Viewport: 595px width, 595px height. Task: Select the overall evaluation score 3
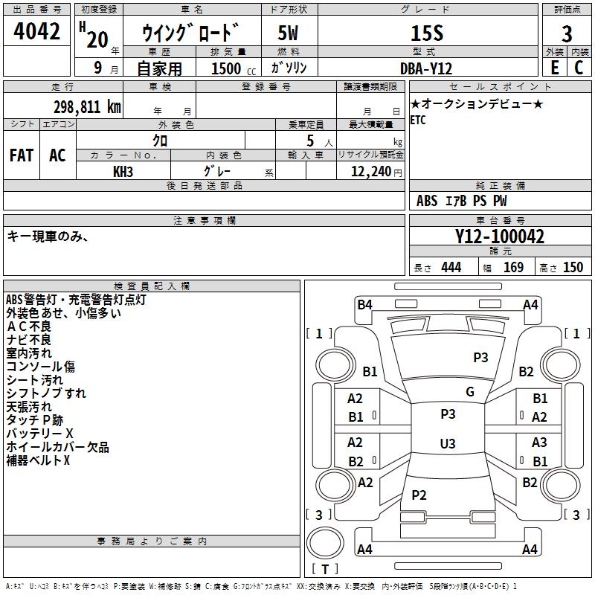pos(567,34)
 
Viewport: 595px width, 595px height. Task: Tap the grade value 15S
pos(427,33)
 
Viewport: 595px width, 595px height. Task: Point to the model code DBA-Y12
pos(427,68)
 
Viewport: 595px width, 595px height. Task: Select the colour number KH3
pos(123,171)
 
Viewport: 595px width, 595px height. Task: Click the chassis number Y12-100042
pos(500,237)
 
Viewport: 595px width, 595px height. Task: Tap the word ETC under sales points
pos(418,120)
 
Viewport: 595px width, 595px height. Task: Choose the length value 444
pos(451,268)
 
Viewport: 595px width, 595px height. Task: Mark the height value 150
pos(573,268)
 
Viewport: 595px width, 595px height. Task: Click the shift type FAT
pos(22,155)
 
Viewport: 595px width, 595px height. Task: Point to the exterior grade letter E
pos(554,68)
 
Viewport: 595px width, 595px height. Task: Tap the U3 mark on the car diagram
pos(448,443)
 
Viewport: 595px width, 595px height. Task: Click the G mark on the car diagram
pos(469,392)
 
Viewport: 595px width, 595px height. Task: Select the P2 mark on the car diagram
pos(419,495)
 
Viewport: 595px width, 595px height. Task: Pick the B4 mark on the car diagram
pos(364,304)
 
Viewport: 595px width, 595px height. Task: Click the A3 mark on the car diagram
pos(539,443)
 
